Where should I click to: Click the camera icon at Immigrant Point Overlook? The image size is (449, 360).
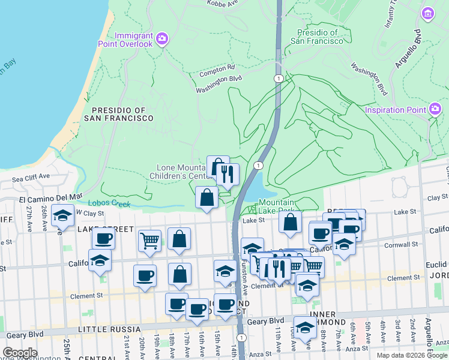point(161,39)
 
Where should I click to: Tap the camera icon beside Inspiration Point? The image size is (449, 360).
point(435,109)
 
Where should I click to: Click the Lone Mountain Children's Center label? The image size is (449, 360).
point(181,172)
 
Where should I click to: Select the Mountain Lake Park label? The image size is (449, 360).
point(277,208)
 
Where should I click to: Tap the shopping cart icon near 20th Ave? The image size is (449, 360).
point(150,241)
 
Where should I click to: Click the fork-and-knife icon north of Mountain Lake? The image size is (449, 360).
point(227,174)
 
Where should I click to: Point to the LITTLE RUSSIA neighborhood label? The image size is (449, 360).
point(109,329)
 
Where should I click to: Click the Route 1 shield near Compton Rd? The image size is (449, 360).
point(278,79)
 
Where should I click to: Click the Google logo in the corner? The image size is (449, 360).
point(20,353)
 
